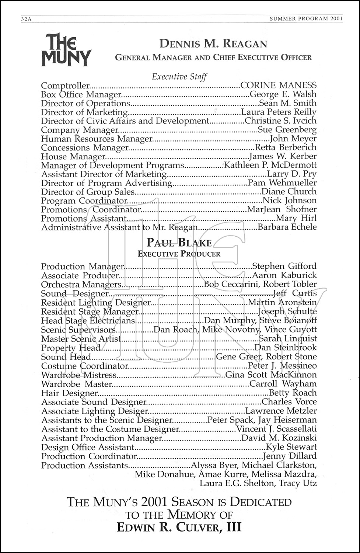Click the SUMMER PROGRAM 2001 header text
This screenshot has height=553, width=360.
[306, 18]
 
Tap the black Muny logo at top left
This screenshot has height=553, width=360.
[66, 50]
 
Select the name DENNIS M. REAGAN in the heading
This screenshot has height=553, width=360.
[213, 44]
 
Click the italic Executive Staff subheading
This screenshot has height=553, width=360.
[179, 77]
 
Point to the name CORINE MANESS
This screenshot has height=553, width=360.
[278, 86]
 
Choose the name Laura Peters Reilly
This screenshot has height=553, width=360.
[279, 112]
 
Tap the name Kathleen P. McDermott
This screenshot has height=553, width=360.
[270, 165]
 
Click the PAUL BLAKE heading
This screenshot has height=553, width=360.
[179, 243]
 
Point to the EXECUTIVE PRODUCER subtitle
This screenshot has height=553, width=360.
[179, 254]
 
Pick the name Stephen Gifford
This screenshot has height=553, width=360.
[284, 266]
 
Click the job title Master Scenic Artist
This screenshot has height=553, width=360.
[81, 338]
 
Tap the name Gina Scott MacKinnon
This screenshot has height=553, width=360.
[271, 375]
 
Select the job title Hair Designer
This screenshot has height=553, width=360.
[69, 393]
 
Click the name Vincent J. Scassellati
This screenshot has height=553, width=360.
[276, 429]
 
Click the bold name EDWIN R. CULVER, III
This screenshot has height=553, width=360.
[179, 528]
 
